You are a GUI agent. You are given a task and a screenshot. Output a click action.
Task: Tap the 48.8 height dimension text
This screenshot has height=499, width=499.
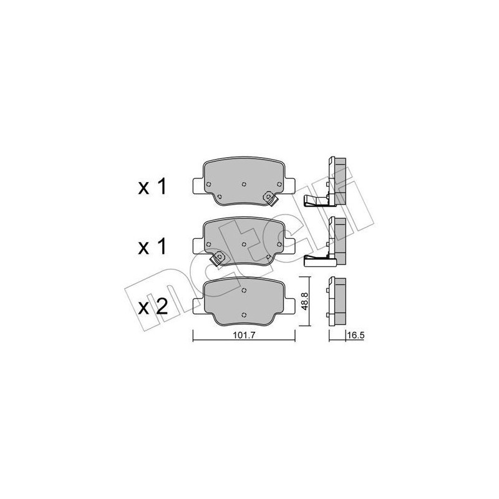coord(305,301)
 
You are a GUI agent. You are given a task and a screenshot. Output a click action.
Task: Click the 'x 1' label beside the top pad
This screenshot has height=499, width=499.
coord(152,187)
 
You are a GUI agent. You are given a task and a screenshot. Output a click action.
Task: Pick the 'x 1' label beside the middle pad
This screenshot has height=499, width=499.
coord(152,246)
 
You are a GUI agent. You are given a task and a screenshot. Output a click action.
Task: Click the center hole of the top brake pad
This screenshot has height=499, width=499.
coord(243,183)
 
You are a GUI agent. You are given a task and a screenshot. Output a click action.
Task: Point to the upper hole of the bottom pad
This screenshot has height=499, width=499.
coord(245,288)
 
